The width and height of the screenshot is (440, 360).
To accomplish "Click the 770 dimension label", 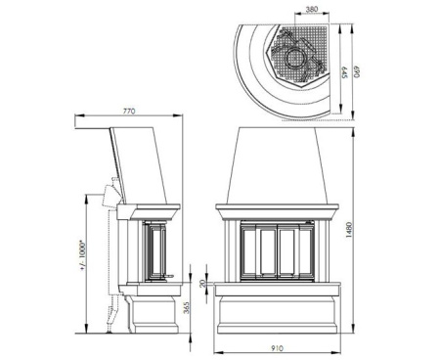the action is [x=129, y=112].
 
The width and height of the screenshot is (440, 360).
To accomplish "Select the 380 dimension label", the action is [x=312, y=10].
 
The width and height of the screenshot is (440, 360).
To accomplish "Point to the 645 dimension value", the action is [x=345, y=72].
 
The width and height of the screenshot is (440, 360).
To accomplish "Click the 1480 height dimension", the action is [x=349, y=230].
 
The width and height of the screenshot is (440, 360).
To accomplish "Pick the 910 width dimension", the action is [x=277, y=348].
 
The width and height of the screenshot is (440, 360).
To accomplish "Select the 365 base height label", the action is [x=186, y=308].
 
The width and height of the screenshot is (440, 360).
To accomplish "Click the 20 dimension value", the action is [x=203, y=283].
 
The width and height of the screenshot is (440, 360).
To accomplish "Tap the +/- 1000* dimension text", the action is [x=82, y=255].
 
